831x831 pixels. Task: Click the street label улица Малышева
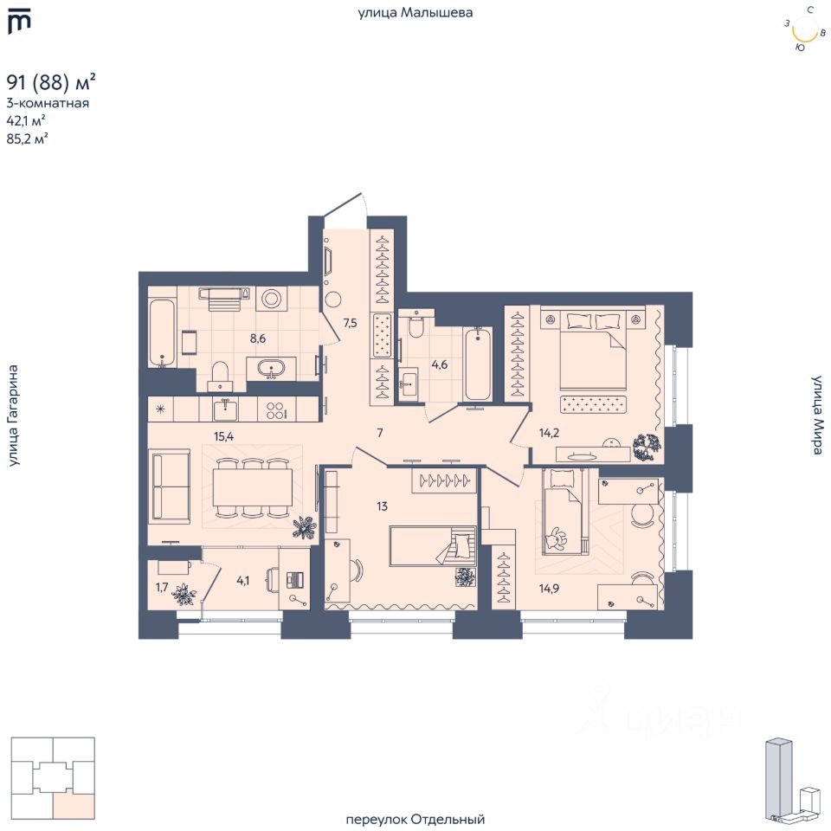415,12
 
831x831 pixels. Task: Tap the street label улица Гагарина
13,415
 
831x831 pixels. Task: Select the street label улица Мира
817,415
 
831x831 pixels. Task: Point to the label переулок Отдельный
415,820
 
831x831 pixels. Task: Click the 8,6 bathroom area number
258,338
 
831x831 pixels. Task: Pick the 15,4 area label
223,436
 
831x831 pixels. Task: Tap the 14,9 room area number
549,588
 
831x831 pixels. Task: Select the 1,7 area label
162,587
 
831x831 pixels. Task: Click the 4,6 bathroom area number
440,364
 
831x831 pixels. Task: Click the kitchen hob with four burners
275,409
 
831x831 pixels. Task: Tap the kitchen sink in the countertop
226,409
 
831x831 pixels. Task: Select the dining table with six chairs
252,488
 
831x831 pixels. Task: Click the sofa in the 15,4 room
170,486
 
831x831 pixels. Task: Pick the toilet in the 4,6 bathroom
416,325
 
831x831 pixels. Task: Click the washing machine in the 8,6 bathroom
271,299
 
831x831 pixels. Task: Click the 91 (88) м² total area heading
51,83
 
